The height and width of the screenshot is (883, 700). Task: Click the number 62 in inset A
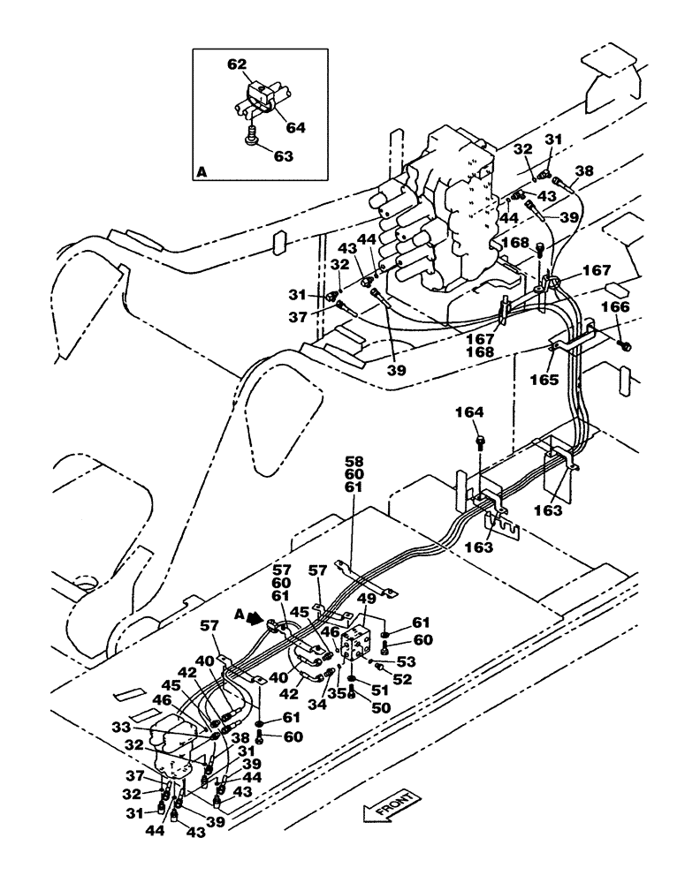238,64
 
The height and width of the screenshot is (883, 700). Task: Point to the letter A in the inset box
202,175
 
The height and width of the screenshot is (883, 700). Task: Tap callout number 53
407,660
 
